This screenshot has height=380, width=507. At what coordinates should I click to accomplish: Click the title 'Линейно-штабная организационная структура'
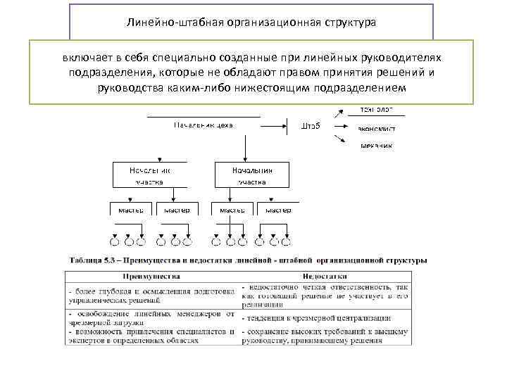(x=251, y=23)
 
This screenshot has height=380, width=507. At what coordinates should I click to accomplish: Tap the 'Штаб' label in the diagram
(x=311, y=126)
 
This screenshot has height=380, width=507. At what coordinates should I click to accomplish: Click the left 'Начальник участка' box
(x=149, y=175)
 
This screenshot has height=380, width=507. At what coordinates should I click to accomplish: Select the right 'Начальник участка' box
(x=251, y=175)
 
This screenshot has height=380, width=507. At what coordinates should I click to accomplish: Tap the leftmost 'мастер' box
(x=130, y=210)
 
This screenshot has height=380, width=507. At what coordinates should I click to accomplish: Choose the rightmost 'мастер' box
(x=278, y=210)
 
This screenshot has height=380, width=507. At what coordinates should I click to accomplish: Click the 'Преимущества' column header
(x=152, y=277)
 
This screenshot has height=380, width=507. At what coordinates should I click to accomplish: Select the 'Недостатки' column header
(x=324, y=277)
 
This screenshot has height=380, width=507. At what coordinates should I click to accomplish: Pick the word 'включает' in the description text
(x=82, y=59)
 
